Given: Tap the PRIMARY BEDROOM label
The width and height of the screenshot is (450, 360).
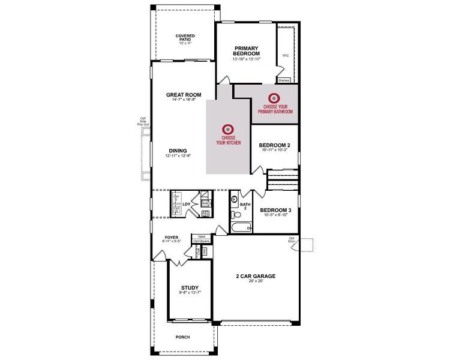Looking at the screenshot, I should [246, 51].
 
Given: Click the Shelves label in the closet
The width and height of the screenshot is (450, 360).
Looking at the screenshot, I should [283, 80].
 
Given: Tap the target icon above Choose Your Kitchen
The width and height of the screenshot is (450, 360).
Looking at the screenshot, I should [228, 129].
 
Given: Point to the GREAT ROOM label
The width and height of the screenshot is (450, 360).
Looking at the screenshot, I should [184, 95].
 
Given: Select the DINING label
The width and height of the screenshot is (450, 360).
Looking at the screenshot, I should [178, 151].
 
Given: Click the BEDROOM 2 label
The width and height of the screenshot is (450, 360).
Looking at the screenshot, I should [275, 145].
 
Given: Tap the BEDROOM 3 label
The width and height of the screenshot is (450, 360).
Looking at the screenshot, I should [275, 210].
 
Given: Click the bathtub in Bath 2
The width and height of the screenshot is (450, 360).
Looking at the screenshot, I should [240, 227].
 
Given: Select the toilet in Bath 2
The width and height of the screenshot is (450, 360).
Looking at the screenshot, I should [234, 199].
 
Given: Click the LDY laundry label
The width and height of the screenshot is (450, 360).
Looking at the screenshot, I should [187, 205].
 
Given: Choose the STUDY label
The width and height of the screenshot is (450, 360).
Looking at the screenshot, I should [190, 288].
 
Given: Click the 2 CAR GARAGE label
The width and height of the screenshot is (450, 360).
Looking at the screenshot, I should [255, 276].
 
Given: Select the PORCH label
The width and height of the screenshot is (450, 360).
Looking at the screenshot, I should [182, 337].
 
